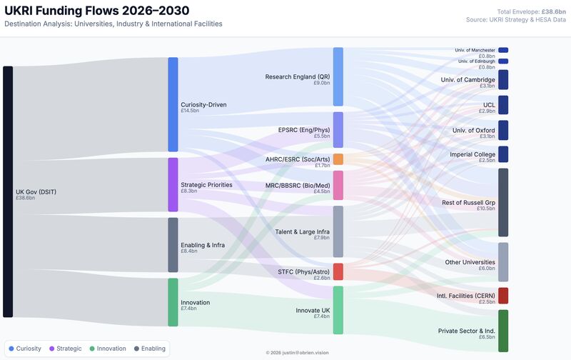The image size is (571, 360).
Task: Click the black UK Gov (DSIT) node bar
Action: click(x=8, y=191)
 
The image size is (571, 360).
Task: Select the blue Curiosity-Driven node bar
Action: click(x=173, y=104)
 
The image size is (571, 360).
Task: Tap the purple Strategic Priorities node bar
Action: click(x=173, y=185)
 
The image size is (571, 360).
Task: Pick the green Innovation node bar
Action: click(x=173, y=302)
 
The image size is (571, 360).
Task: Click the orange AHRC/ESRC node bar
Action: click(x=338, y=159)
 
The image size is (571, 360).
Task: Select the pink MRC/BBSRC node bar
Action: click(x=338, y=186)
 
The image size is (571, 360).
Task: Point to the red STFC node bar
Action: click(x=338, y=272)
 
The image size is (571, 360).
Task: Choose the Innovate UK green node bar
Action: click(x=338, y=310)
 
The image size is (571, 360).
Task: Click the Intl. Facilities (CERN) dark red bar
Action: click(x=503, y=296)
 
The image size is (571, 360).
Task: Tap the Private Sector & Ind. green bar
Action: click(x=503, y=331)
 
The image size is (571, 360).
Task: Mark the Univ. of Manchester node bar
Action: click(x=503, y=50)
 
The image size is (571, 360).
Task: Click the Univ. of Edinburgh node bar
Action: click(x=503, y=61)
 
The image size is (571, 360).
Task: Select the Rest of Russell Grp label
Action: click(x=468, y=203)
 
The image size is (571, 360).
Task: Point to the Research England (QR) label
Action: click(x=298, y=76)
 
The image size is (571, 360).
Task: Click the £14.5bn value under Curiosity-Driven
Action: click(x=190, y=111)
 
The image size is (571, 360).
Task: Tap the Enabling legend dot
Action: click(x=136, y=349)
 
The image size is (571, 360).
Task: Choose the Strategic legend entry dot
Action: click(x=51, y=349)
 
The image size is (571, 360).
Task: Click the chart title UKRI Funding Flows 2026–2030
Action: click(x=97, y=11)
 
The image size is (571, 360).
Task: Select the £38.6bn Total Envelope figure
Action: click(x=554, y=11)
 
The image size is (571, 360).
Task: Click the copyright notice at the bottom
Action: click(x=297, y=353)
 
